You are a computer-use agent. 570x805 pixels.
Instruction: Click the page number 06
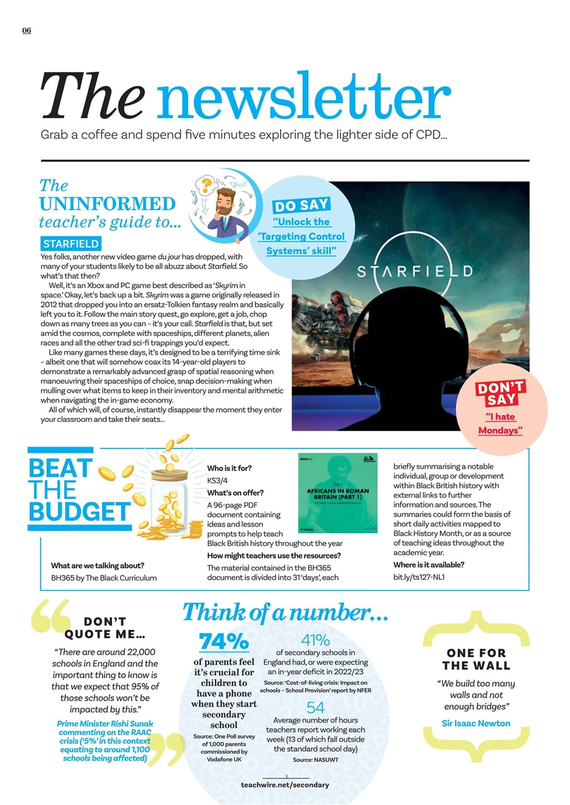26,31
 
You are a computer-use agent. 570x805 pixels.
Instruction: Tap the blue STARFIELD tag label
70,243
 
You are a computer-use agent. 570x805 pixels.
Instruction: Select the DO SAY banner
301,206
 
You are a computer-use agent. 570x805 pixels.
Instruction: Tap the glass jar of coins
168,497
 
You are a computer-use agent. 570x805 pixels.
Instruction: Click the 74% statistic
224,641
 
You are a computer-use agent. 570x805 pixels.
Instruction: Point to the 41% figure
316,640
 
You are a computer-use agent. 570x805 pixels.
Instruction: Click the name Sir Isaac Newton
476,723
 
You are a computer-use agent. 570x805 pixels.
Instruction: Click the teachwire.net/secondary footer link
285,785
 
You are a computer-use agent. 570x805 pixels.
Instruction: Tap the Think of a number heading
284,613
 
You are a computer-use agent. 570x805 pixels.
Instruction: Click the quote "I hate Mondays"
501,424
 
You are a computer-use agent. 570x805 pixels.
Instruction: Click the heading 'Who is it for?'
230,468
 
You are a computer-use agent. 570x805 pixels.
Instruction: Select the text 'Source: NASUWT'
316,760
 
